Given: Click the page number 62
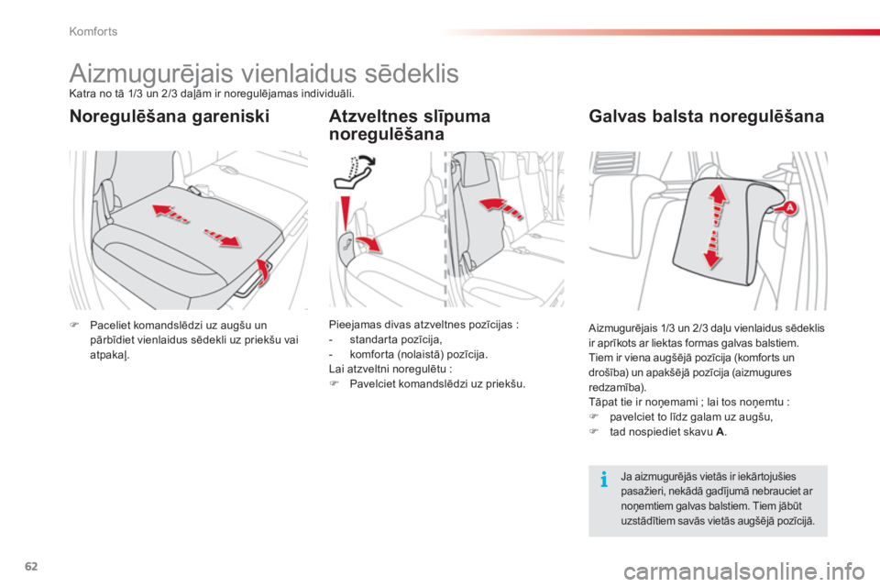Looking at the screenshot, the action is point(31,566).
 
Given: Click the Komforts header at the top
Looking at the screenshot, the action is point(93,31).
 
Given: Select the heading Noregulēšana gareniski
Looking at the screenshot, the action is point(170,116).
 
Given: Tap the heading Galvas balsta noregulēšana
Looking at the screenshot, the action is point(706,116).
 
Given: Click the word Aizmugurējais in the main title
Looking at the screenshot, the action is point(151,73).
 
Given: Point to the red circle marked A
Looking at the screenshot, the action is point(789,208).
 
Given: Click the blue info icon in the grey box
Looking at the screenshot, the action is point(604,479).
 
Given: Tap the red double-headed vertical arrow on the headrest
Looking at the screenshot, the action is point(715,226).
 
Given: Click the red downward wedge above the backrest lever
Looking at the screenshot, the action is point(346,213).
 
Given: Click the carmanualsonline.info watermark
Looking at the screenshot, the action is point(744,571).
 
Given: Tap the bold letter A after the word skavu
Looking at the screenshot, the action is point(720,432).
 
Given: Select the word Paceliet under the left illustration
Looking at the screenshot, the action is point(111,326).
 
